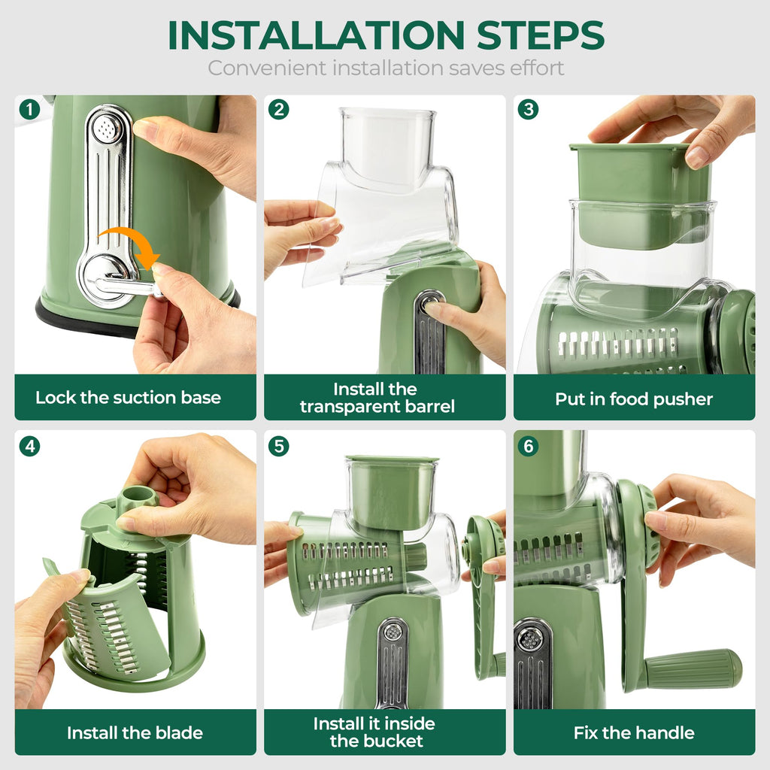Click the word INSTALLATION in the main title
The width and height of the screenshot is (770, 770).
pos(314,35)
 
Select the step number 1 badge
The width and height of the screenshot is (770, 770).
pos(29,110)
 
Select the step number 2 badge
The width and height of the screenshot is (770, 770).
pos(279,110)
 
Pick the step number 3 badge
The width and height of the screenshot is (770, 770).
pos(529,110)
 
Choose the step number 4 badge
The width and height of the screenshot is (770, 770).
pos(29,446)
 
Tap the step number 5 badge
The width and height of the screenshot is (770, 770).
pos(279,446)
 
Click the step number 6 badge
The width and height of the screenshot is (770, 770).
pos(529,446)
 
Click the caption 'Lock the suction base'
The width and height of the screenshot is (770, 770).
pos(128,398)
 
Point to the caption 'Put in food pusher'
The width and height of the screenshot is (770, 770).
pos(634,399)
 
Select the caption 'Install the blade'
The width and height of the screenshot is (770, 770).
pos(135,732)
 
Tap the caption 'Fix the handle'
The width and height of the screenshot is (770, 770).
pos(634,732)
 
